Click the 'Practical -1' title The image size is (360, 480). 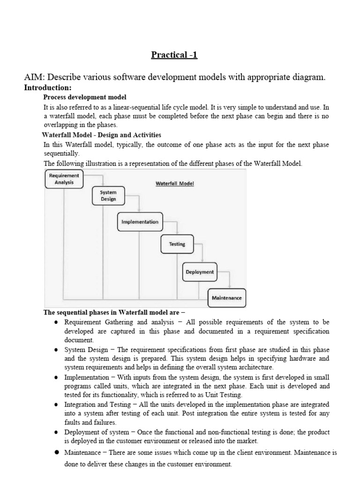click(x=174, y=55)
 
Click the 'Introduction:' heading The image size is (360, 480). click(x=48, y=88)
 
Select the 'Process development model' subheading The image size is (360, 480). click(x=85, y=97)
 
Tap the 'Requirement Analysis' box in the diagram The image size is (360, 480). click(x=64, y=179)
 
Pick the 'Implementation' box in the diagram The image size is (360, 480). click(x=140, y=222)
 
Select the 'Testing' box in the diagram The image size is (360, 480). click(x=177, y=244)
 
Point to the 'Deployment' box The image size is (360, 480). click(x=200, y=272)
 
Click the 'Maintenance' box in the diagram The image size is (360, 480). click(x=226, y=298)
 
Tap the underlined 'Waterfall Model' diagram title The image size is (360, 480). click(x=175, y=184)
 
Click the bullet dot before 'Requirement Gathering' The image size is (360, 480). click(x=56, y=322)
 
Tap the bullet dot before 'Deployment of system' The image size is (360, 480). click(x=56, y=432)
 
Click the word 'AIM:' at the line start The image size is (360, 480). click(x=34, y=77)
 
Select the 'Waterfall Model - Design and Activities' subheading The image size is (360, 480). click(x=102, y=135)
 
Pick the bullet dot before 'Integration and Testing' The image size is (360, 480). click(x=56, y=404)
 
